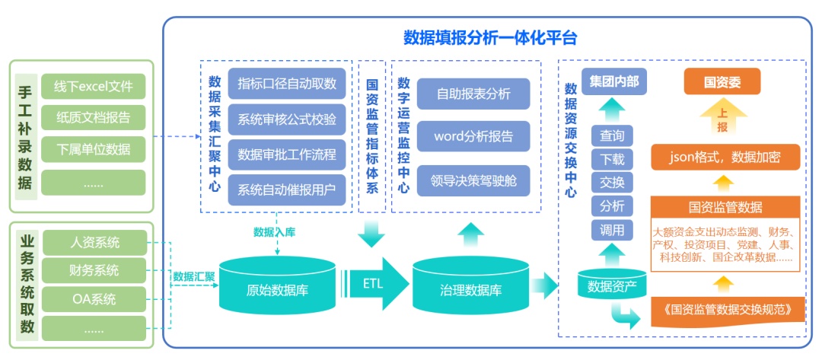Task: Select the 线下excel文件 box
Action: click(x=93, y=87)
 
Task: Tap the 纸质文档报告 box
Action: click(x=93, y=118)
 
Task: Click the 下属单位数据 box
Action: click(x=93, y=148)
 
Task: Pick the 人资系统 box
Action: click(x=94, y=243)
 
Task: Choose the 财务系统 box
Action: click(x=94, y=270)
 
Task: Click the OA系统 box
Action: click(x=94, y=299)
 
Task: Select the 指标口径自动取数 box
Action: click(x=287, y=83)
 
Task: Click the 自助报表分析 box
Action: click(x=473, y=94)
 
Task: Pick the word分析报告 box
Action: click(x=473, y=137)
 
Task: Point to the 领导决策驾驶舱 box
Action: click(x=473, y=181)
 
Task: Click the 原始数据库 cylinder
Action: click(x=277, y=289)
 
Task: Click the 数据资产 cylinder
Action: click(x=613, y=286)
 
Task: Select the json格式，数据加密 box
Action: click(x=725, y=158)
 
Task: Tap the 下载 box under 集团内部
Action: click(x=612, y=159)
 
